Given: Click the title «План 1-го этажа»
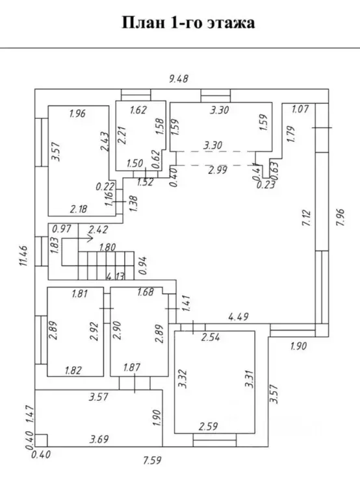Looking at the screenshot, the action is (x=188, y=23).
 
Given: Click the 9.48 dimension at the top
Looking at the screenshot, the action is (x=179, y=79).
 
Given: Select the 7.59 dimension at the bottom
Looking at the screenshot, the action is (x=152, y=460).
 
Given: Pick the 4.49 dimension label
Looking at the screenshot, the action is (x=238, y=317).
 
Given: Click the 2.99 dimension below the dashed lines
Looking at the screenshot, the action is (x=218, y=170).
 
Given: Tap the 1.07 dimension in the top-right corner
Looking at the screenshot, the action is (x=300, y=109).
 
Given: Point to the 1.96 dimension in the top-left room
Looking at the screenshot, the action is (x=77, y=114).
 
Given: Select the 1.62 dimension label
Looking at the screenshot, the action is (x=138, y=110).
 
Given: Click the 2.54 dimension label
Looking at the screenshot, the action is (x=211, y=337).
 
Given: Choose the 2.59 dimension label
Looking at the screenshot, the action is (x=208, y=425).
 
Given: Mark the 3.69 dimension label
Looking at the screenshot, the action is (x=99, y=439).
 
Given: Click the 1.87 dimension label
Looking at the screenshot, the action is (x=132, y=367).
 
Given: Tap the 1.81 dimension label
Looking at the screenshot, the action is (x=80, y=293).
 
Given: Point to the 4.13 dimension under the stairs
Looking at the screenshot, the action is (x=116, y=277).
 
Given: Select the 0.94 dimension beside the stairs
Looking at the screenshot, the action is (x=144, y=266).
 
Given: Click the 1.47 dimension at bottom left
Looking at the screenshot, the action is (x=29, y=414).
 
